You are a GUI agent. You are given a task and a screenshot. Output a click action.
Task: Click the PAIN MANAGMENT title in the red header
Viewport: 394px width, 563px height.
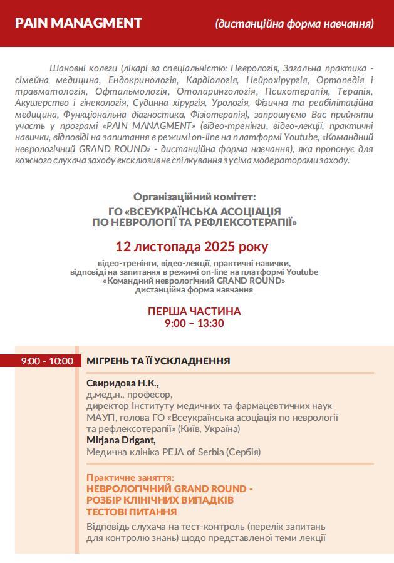coord(78,23)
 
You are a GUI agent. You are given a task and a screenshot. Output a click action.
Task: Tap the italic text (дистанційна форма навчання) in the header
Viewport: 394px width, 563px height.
coord(294,24)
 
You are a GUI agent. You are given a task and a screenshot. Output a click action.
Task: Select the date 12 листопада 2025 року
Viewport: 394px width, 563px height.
coord(191,246)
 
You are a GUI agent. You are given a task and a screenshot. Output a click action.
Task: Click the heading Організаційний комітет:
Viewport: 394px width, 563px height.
coord(195,196)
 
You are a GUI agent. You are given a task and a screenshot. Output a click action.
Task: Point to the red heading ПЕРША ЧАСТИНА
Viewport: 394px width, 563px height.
coord(194,311)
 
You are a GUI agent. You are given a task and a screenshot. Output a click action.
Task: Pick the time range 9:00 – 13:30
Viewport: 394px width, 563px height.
coord(194,323)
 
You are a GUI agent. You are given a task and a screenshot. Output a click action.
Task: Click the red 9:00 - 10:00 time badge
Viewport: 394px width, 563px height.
coord(38,361)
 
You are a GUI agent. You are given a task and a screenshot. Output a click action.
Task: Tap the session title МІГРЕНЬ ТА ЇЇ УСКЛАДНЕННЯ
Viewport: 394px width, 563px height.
coord(158,361)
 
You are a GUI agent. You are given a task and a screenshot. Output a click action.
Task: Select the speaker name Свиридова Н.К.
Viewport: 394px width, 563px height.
coord(123,383)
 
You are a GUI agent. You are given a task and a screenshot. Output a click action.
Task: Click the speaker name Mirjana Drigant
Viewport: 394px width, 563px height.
coord(121,440)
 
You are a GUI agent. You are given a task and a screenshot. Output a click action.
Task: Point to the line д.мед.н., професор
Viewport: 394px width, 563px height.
coord(129,395)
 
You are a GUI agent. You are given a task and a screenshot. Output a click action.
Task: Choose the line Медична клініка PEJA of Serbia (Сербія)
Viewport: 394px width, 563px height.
coord(174,452)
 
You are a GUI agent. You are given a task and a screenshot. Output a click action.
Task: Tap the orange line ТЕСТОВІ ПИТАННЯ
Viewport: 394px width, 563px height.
coord(131,512)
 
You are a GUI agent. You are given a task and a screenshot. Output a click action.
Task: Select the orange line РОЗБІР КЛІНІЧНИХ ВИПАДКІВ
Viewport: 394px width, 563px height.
coord(160,500)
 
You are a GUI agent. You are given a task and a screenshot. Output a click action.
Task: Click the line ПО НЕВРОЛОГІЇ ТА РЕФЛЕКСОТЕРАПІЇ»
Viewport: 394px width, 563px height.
coord(194,222)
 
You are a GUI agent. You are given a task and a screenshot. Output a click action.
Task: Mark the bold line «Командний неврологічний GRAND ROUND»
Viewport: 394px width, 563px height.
coord(194,281)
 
